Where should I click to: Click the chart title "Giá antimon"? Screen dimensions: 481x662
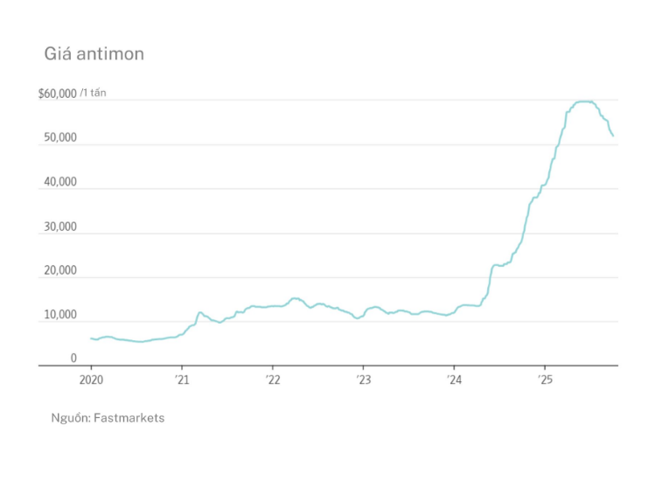pos(94,54)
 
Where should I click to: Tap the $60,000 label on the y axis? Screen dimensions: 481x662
pos(58,94)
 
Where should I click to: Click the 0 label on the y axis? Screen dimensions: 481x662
pos(73,359)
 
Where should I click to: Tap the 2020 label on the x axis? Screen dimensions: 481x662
pos(91,380)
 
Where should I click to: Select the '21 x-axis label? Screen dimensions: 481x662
pos(181,380)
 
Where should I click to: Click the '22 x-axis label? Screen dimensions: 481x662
pos(272,380)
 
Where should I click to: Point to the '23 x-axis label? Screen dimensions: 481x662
pos(363,380)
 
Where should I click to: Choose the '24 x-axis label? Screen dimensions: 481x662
pos(454,380)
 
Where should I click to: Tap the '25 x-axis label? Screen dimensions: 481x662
pos(544,380)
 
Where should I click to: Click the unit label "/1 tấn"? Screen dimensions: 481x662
pos(93,93)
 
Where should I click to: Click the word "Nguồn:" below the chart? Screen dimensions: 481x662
pos(71,418)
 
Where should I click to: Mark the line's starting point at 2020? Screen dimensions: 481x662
pos(91,338)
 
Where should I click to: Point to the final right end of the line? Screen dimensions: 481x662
pos(613,136)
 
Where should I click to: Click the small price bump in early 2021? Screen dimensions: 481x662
pos(200,312)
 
